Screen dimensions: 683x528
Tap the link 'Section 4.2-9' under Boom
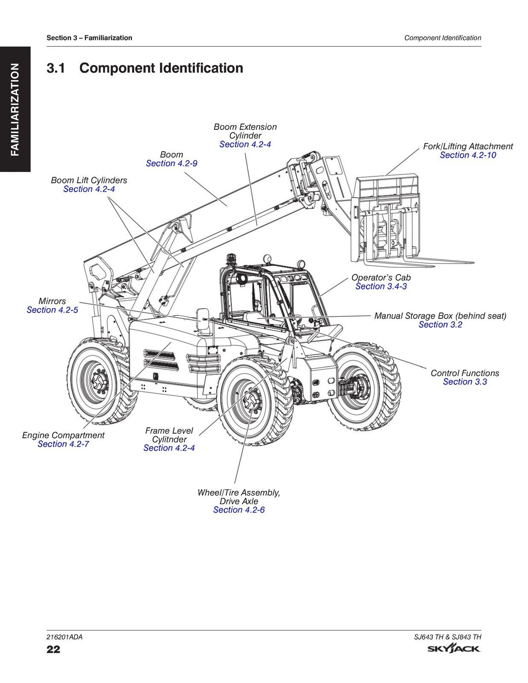[x=171, y=163]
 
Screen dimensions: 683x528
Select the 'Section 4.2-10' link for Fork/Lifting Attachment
[x=468, y=155]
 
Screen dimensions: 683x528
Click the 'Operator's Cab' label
[x=381, y=277]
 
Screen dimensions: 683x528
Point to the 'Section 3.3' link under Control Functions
[x=464, y=382]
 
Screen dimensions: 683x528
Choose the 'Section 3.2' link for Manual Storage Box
[x=440, y=325]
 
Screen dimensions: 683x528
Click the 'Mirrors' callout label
[x=52, y=301]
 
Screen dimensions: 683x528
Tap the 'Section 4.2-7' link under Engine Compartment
[x=63, y=444]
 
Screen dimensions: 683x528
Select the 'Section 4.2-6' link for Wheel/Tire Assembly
[x=239, y=510]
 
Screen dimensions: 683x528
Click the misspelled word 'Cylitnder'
[x=169, y=440]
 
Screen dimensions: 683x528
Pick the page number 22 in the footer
[x=53, y=650]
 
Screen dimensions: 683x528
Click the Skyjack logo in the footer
[x=454, y=650]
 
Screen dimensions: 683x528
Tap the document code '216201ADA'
[x=65, y=637]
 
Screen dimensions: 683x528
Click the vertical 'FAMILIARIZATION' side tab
[x=15, y=109]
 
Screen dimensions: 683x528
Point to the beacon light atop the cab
[x=232, y=259]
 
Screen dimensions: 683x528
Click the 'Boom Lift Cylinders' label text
[x=89, y=181]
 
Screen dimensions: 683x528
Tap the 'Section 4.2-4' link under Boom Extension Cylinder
[x=245, y=145]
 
